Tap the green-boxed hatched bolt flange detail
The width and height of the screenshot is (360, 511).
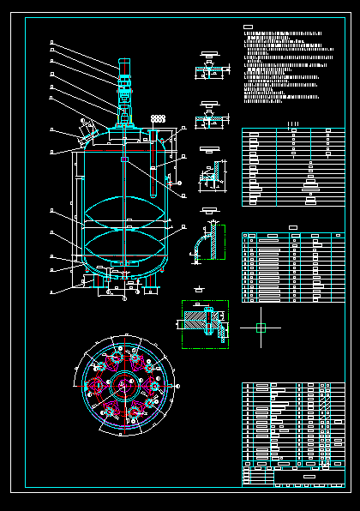tap(205, 323)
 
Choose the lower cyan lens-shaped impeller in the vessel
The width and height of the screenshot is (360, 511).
tap(124, 244)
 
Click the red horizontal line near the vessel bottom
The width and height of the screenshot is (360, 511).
tap(124, 256)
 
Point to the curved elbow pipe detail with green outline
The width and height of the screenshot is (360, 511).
tap(206, 243)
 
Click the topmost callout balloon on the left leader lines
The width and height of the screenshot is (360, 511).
tap(52, 41)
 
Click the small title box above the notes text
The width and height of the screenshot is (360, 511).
tap(248, 27)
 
